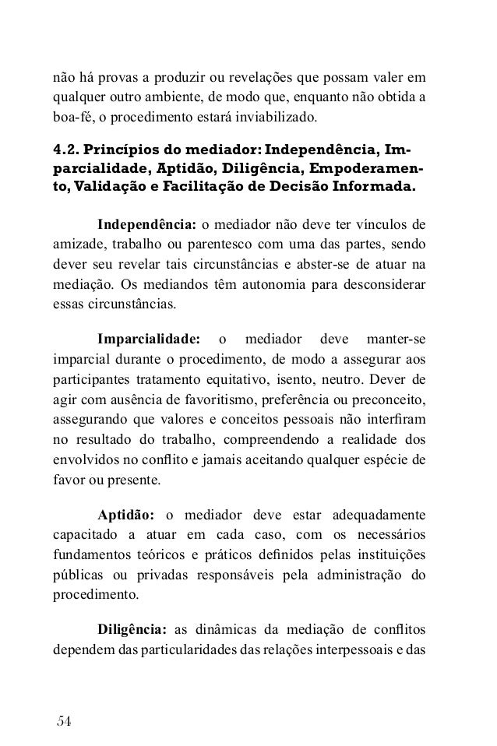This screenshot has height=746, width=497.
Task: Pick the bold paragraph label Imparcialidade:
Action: [x=148, y=340]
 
